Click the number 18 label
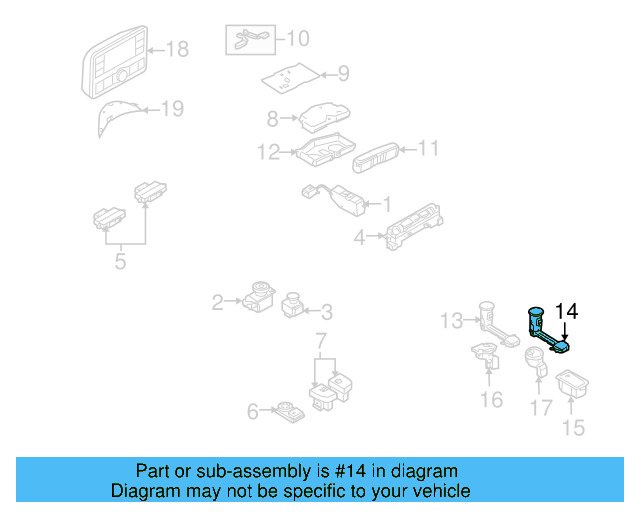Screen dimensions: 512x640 (176, 48)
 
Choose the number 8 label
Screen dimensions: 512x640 (271, 119)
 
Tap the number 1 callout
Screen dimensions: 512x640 (385, 204)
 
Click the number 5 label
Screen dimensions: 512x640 (121, 263)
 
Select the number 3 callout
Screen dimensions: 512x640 (326, 312)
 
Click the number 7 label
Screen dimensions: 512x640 (322, 343)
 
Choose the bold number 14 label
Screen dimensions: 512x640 (566, 311)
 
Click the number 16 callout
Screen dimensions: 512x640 (490, 400)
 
